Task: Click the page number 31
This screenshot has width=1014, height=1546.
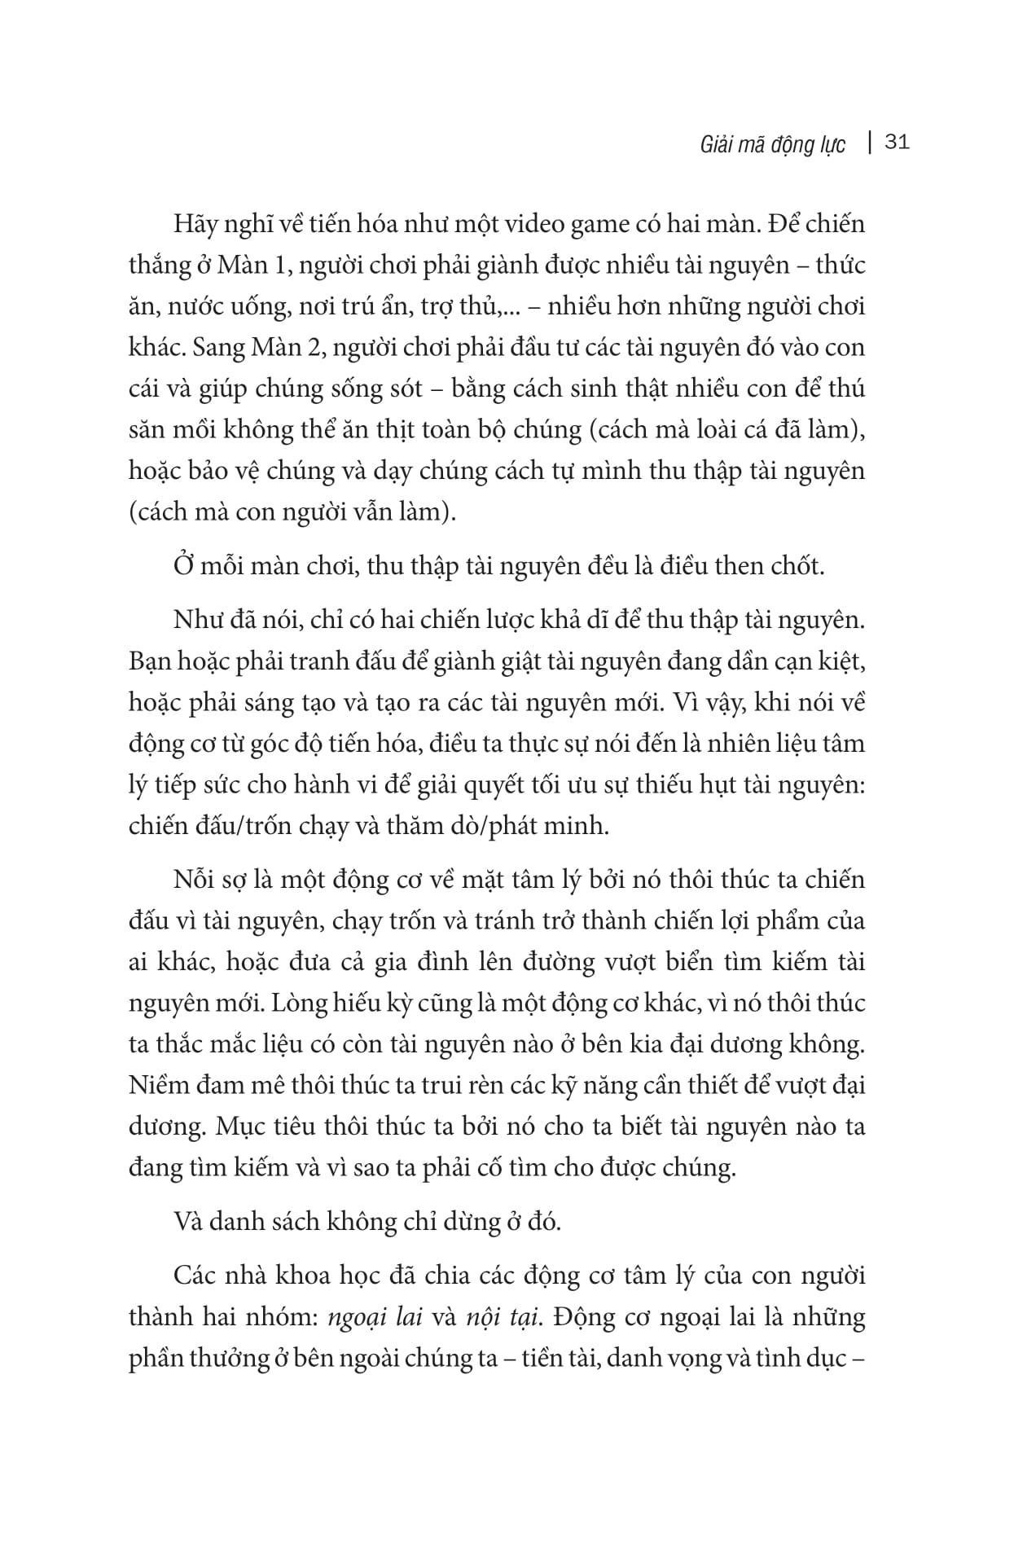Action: (896, 143)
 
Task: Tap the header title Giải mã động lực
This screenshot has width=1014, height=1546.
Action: (772, 145)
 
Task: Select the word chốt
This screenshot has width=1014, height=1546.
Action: (797, 566)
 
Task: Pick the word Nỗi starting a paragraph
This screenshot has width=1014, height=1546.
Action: (194, 881)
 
